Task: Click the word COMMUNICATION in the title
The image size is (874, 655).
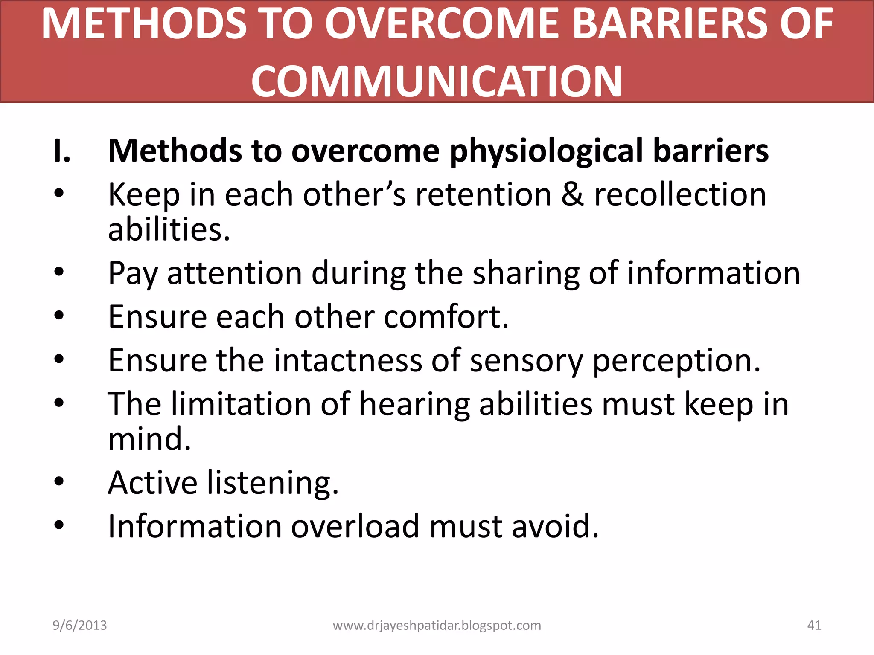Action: [x=436, y=81]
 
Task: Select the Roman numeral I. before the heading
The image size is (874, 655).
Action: [x=62, y=151]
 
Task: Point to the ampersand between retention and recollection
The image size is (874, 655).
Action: [x=572, y=195]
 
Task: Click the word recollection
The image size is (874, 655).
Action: [x=680, y=195]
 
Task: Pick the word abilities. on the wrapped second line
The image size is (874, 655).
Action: [x=169, y=230]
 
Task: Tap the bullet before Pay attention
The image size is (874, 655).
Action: [x=59, y=272]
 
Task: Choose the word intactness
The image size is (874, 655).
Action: [x=347, y=360]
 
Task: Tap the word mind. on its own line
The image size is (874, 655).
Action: [x=149, y=439]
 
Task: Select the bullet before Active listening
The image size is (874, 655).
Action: [x=59, y=481]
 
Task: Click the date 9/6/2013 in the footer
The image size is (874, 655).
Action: [x=80, y=625]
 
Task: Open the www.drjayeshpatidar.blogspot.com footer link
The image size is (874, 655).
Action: [x=437, y=626]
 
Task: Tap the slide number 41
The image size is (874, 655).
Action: [x=814, y=625]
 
